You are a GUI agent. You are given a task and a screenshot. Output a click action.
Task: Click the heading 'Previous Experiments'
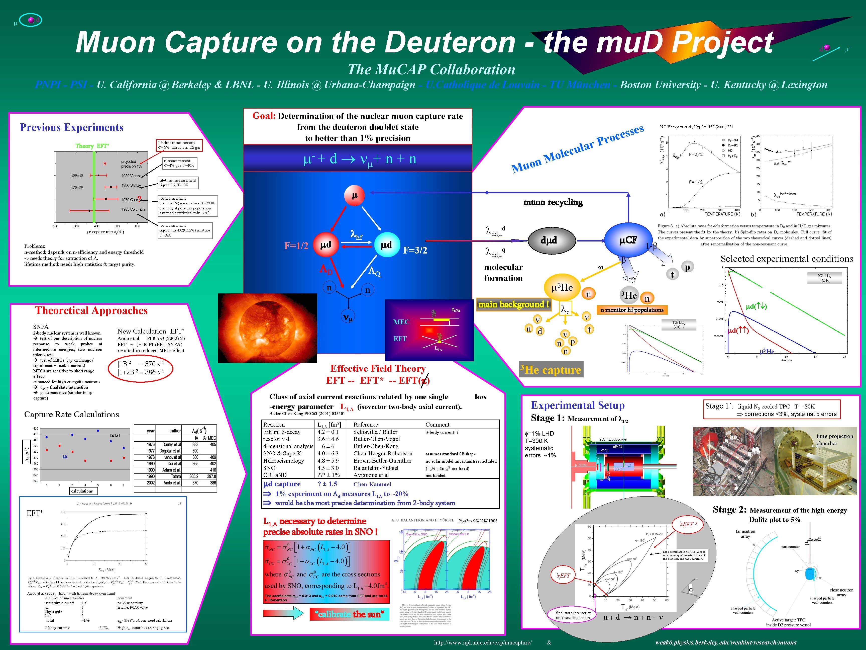pos(72,127)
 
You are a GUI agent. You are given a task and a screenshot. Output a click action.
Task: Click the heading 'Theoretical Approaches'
pos(91,311)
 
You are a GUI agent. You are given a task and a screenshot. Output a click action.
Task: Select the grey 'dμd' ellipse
pos(549,240)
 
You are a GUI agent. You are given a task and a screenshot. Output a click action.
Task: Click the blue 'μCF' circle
pos(628,240)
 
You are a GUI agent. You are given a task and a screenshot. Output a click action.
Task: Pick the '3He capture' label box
pos(551,369)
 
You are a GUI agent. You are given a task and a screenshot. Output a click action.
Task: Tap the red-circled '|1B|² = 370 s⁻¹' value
pos(141,364)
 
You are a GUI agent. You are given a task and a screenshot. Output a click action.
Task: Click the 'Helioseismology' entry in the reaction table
pos(283,461)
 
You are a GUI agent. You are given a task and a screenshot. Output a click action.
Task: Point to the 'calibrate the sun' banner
pos(350,614)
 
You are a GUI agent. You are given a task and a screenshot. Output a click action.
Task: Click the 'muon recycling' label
pos(553,202)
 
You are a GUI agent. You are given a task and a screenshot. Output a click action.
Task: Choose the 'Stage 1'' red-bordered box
pos(772,410)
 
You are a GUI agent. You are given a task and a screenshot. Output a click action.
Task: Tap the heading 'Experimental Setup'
pos(578,405)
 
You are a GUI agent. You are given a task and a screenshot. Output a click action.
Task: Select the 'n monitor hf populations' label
pos(632,310)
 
